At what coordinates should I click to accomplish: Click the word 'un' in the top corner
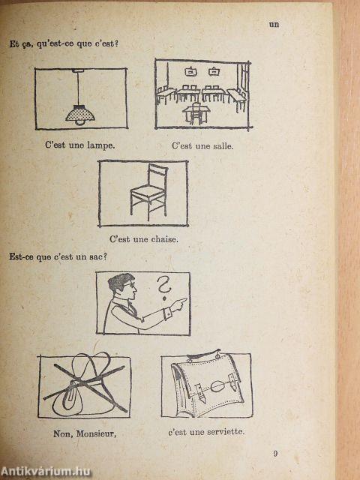[274, 24]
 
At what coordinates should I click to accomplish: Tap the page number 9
[276, 453]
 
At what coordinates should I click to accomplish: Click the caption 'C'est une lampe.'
[79, 145]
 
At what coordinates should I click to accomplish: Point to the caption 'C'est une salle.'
[202, 145]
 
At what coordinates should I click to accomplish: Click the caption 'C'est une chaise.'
[144, 239]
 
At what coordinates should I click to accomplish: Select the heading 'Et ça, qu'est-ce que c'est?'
[64, 43]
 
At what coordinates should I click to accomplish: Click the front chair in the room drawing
[196, 114]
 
